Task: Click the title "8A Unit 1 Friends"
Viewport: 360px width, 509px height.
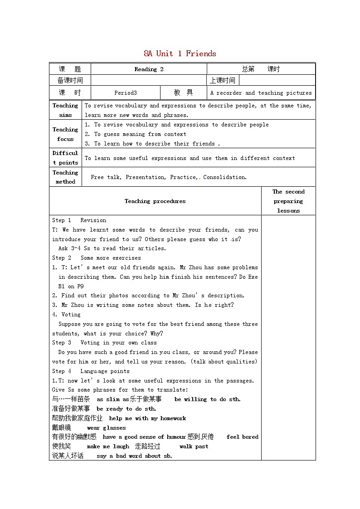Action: tap(180, 53)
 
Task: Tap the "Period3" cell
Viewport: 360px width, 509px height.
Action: tap(126, 93)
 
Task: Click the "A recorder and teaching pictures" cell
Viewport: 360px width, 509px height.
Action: tap(261, 93)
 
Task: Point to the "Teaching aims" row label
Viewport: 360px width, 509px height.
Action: tap(65, 110)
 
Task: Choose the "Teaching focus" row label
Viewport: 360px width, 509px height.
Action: tap(65, 134)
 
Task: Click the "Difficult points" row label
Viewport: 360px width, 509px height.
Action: tap(65, 158)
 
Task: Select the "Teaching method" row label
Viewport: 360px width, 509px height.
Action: tap(65, 177)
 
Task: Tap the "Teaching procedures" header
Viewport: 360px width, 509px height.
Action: tap(155, 201)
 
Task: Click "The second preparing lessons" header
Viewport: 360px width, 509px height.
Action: tap(288, 201)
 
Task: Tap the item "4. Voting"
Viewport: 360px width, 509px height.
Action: tap(66, 315)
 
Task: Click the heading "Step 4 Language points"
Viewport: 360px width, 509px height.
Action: tap(91, 371)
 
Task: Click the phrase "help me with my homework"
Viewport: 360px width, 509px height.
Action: tap(147, 418)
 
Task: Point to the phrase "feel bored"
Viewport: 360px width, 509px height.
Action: tap(242, 437)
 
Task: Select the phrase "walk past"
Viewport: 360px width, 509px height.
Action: tap(194, 446)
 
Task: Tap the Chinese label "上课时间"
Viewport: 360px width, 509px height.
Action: tap(223, 81)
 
